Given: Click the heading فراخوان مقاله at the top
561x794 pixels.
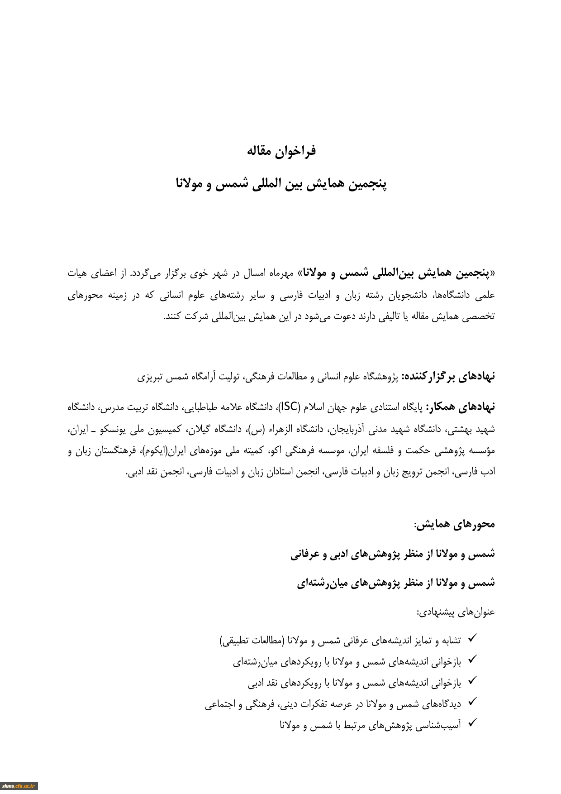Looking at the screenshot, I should click(281, 151).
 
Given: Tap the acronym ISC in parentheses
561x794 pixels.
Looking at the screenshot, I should click(290, 407).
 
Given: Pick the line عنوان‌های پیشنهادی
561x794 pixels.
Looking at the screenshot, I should click(456, 612).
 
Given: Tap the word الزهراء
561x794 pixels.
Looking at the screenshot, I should click(285, 429).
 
